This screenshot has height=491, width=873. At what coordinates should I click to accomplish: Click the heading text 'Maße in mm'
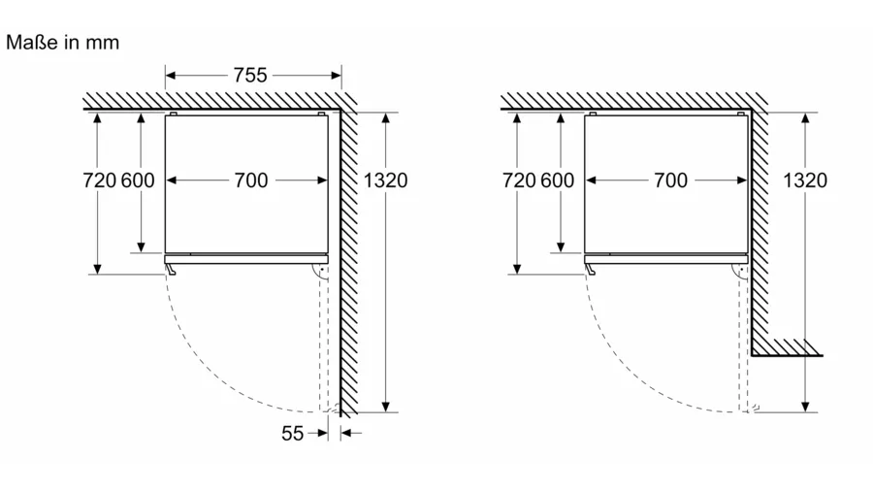pyautogui.click(x=62, y=44)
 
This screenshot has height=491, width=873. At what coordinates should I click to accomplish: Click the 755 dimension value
pyautogui.click(x=249, y=75)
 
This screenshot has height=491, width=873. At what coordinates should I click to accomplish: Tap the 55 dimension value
pyautogui.click(x=293, y=434)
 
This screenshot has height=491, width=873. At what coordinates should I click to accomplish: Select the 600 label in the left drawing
pyautogui.click(x=138, y=180)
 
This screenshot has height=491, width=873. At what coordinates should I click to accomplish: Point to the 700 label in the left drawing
pyautogui.click(x=250, y=180)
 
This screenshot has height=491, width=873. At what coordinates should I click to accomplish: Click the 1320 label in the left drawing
pyautogui.click(x=386, y=180)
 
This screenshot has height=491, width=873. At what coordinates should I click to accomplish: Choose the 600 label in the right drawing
pyautogui.click(x=557, y=180)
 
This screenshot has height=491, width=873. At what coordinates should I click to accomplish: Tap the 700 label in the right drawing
pyautogui.click(x=669, y=180)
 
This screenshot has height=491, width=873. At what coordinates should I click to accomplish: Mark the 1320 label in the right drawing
pyautogui.click(x=805, y=180)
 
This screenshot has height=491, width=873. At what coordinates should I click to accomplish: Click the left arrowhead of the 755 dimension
pyautogui.click(x=171, y=75)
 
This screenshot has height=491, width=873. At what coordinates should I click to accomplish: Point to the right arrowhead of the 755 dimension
pyautogui.click(x=336, y=75)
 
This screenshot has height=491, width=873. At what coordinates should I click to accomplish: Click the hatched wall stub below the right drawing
pyautogui.click(x=787, y=347)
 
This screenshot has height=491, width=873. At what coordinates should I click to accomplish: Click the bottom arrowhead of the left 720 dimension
pyautogui.click(x=98, y=269)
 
